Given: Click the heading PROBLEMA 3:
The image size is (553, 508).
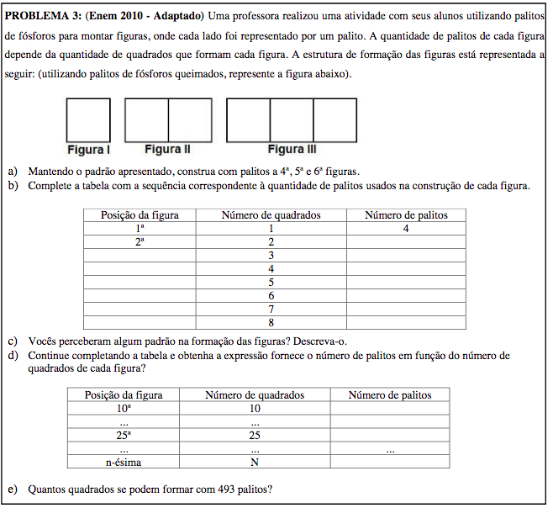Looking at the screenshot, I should [x=43, y=16].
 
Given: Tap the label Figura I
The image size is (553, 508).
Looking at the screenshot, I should [x=88, y=150].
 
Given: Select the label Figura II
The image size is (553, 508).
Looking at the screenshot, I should [x=167, y=150].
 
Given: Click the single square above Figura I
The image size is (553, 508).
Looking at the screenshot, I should [x=88, y=120].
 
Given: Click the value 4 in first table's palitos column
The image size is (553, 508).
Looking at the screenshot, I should [x=405, y=229].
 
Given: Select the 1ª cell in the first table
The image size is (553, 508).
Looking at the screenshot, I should [x=140, y=229].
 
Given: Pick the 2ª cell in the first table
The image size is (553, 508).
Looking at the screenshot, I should [x=140, y=242].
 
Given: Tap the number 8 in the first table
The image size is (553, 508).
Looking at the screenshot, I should [x=271, y=323].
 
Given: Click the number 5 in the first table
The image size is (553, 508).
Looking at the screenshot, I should [x=271, y=283].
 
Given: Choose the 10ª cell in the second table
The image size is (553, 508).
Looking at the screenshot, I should [x=124, y=409].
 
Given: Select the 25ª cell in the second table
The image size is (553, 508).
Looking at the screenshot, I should [x=124, y=436].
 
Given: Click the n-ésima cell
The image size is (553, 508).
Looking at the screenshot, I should [x=124, y=463].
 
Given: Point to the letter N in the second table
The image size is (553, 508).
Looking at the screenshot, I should [x=255, y=463].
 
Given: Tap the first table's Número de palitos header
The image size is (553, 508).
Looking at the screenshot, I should [x=405, y=215].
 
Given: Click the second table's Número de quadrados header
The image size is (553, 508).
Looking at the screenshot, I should [x=255, y=395].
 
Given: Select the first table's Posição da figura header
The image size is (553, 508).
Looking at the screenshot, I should [x=140, y=215].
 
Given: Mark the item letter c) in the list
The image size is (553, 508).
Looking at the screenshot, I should [x=13, y=341].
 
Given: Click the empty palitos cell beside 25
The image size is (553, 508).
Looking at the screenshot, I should [x=389, y=436].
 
